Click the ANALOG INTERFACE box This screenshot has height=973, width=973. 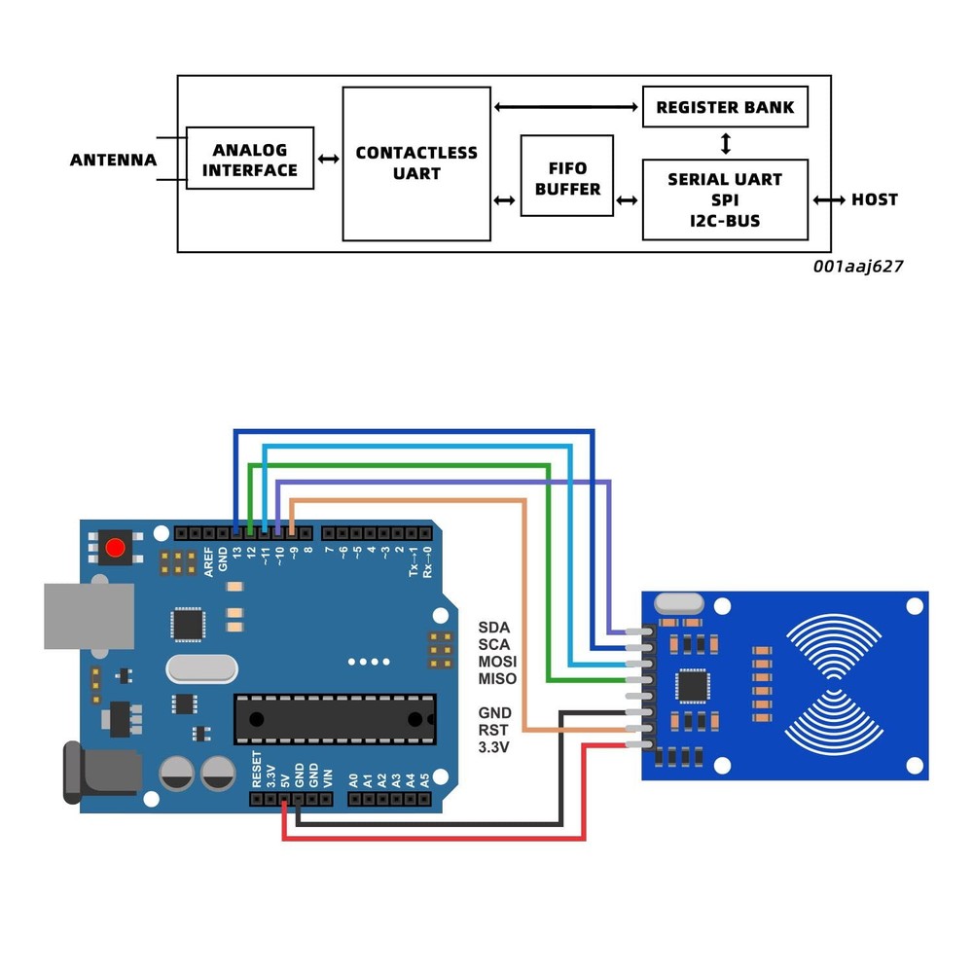pyautogui.click(x=250, y=159)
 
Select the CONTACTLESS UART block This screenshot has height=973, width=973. pyautogui.click(x=416, y=163)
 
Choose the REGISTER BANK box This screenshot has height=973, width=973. pyautogui.click(x=725, y=107)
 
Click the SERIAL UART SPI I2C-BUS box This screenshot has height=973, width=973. pyautogui.click(x=725, y=199)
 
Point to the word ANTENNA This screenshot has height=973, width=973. pyautogui.click(x=113, y=161)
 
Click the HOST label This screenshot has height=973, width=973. pyautogui.click(x=874, y=199)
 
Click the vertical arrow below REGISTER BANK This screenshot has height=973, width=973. pyautogui.click(x=725, y=143)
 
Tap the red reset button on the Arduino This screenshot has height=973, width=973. pyautogui.click(x=115, y=548)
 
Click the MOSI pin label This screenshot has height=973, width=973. pyautogui.click(x=497, y=662)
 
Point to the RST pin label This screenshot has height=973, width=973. pyautogui.click(x=494, y=730)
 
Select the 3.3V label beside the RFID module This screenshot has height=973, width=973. pyautogui.click(x=495, y=747)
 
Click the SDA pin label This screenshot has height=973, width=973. pyautogui.click(x=494, y=627)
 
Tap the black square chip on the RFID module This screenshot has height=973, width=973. pyautogui.click(x=694, y=685)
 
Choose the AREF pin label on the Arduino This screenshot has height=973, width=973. pyautogui.click(x=209, y=561)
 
